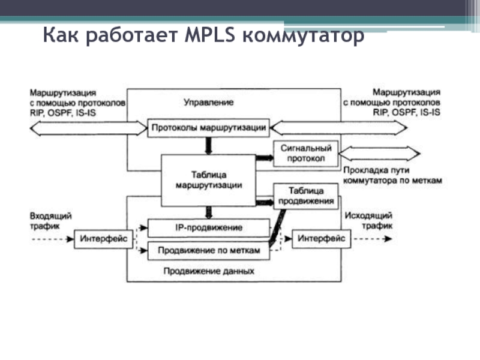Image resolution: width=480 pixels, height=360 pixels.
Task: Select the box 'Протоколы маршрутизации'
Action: (x=209, y=127)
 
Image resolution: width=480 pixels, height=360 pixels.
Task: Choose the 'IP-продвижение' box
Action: (x=209, y=228)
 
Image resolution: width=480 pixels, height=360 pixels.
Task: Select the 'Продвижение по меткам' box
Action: (x=209, y=251)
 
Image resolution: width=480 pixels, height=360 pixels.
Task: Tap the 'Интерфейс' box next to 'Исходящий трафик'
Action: (x=322, y=239)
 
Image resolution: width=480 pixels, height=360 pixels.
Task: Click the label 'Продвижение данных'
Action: (x=209, y=271)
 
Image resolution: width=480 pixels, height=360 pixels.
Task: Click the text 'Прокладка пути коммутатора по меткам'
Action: (x=392, y=175)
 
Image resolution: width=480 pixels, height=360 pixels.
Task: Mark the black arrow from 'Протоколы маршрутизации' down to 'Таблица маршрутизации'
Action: (x=209, y=145)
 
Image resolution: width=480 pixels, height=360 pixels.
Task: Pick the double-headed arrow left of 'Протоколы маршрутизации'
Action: (x=87, y=127)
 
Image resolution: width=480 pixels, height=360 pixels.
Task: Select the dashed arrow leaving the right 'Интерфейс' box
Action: (x=371, y=239)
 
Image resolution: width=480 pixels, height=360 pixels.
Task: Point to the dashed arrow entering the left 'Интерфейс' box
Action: (x=51, y=239)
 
